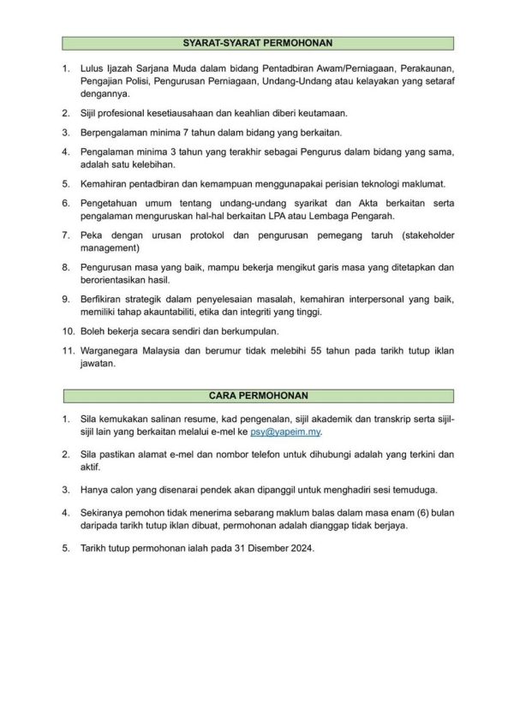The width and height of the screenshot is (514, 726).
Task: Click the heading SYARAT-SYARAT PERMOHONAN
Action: pyautogui.click(x=258, y=42)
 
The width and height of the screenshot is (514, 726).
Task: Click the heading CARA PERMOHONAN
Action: pyautogui.click(x=258, y=396)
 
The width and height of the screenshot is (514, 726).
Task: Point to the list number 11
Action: pyautogui.click(x=65, y=350)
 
